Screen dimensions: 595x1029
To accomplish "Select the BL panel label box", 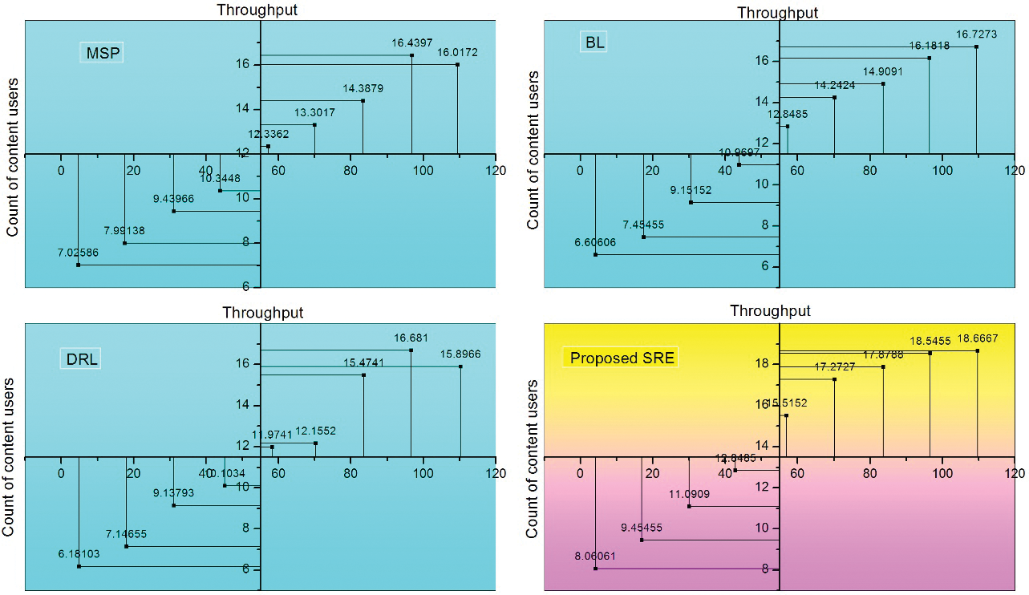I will pyautogui.click(x=595, y=42).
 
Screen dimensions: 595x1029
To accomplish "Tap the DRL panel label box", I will pyautogui.click(x=82, y=359).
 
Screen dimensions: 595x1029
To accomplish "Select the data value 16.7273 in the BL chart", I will pyautogui.click(x=976, y=35).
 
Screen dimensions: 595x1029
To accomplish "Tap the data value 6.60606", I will pyautogui.click(x=594, y=242).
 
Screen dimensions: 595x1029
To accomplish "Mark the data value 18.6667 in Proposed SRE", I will pyautogui.click(x=977, y=339).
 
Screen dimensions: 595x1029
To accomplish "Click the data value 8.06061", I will pyautogui.click(x=593, y=557).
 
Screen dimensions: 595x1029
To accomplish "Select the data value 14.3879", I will pyautogui.click(x=363, y=89).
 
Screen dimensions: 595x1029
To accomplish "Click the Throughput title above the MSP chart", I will pyautogui.click(x=257, y=10).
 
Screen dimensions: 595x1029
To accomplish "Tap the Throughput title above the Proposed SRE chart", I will pyautogui.click(x=770, y=311).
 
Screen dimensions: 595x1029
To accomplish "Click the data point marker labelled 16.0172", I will pyautogui.click(x=457, y=65).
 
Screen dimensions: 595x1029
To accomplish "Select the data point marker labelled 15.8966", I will pyautogui.click(x=460, y=366).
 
